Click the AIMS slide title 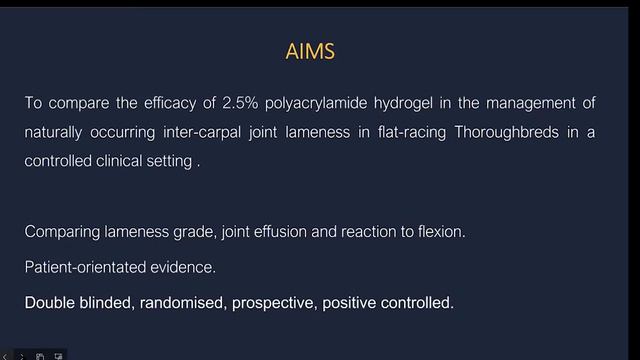[319, 50]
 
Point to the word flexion [441, 232]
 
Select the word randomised [180, 302]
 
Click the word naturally [55, 131]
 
